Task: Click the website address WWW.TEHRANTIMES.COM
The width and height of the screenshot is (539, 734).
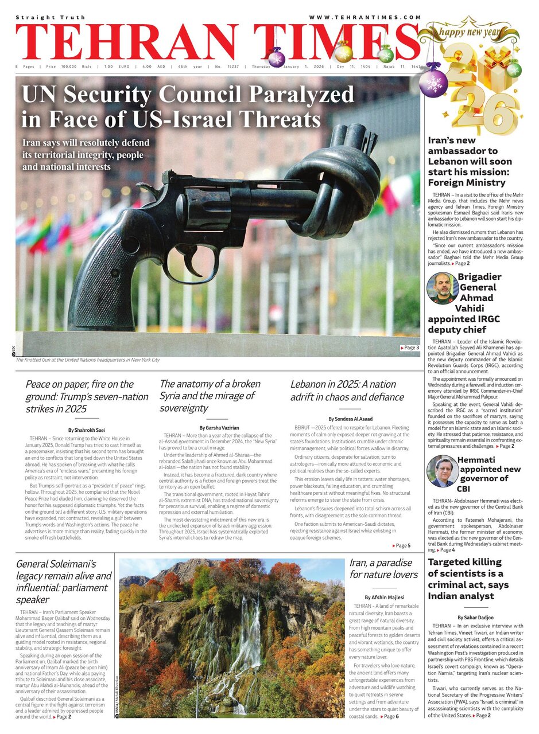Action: tap(365, 18)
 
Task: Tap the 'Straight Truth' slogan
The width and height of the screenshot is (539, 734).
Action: tap(51, 18)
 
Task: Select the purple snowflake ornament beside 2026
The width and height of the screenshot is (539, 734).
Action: tap(433, 81)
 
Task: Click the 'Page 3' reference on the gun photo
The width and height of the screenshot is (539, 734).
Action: tap(409, 348)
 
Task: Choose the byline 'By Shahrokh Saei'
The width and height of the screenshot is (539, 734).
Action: tap(87, 430)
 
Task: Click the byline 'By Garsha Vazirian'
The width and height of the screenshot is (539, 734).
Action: tap(219, 428)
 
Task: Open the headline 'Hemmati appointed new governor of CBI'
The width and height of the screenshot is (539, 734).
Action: tap(482, 478)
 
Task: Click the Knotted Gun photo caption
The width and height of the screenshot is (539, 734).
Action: tap(87, 360)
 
